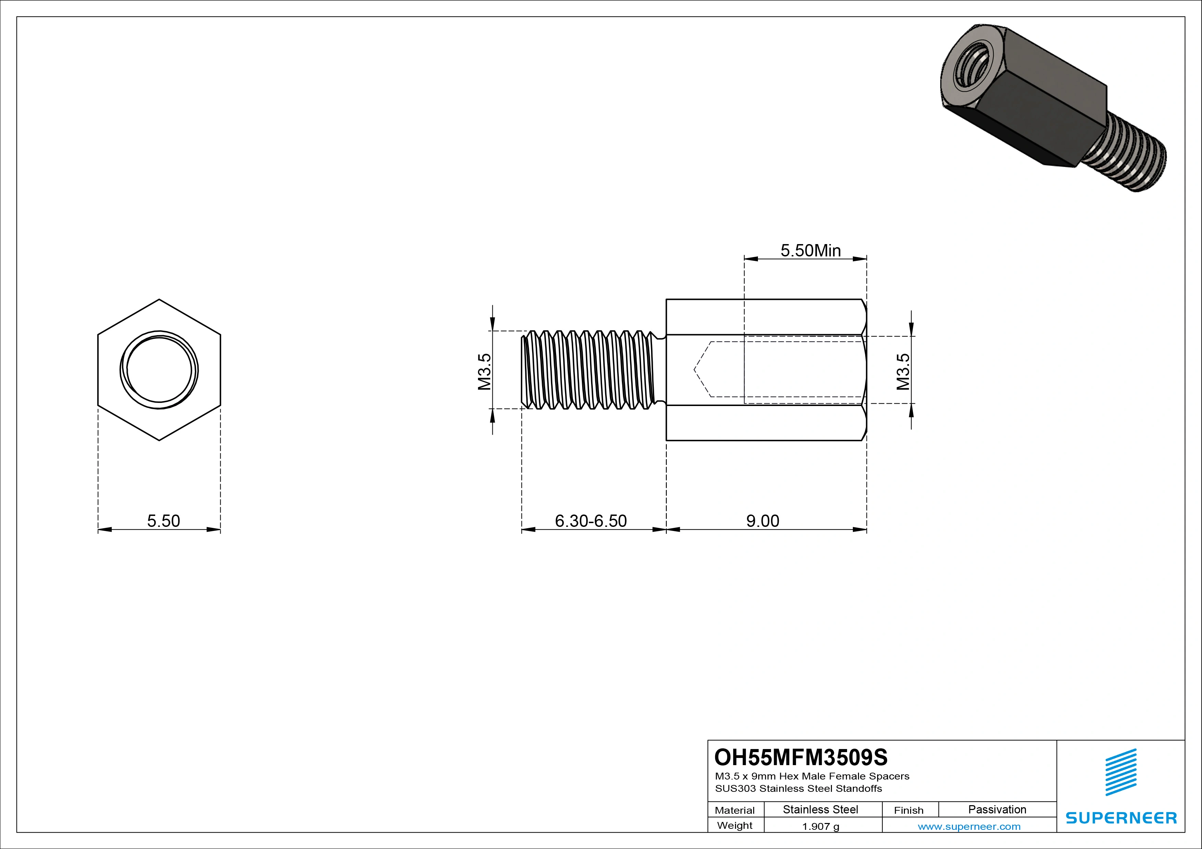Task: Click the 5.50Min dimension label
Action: click(x=810, y=251)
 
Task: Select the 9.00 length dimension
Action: click(x=762, y=521)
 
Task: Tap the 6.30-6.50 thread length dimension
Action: click(x=590, y=521)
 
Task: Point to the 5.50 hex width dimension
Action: click(x=163, y=521)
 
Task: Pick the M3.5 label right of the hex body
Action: click(x=903, y=372)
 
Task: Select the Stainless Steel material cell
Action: click(x=820, y=810)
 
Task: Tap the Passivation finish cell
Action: click(x=997, y=810)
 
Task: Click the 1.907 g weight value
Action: click(x=820, y=826)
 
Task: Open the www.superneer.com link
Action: click(x=969, y=826)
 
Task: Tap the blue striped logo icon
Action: click(x=1121, y=772)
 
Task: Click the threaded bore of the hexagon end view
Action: click(x=159, y=370)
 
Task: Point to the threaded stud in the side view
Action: click(x=589, y=370)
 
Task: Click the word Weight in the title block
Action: click(x=735, y=825)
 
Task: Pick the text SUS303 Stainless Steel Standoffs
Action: click(x=798, y=788)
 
